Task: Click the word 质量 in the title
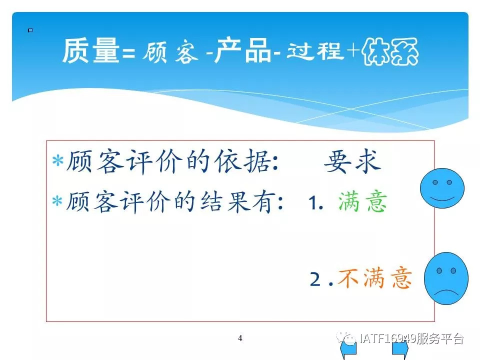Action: click(91, 50)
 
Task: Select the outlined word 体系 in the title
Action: click(390, 51)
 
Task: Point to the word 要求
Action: click(352, 161)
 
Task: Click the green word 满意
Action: click(362, 201)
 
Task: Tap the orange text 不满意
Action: click(374, 278)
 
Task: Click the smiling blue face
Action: click(442, 188)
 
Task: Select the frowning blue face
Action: click(446, 278)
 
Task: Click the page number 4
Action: click(240, 338)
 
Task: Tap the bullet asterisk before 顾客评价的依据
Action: click(57, 160)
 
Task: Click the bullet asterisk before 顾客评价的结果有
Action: click(57, 201)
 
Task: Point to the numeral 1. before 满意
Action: click(316, 203)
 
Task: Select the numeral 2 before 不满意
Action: click(315, 279)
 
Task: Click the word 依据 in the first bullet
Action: click(242, 161)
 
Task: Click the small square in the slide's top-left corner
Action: click(30, 30)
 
